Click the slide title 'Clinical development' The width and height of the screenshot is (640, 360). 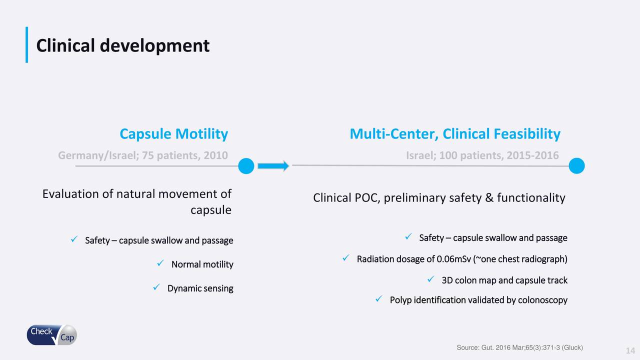pyautogui.click(x=123, y=45)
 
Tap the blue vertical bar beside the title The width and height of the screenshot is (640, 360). pyautogui.click(x=27, y=44)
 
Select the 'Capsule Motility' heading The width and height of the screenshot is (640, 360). pyautogui.click(x=173, y=134)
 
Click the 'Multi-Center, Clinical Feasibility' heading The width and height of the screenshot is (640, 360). pyautogui.click(x=455, y=134)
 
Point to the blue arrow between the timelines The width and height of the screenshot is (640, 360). pyautogui.click(x=273, y=166)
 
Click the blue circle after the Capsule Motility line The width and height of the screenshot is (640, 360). pyautogui.click(x=246, y=166)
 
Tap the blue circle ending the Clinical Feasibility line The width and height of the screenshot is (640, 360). pyautogui.click(x=576, y=165)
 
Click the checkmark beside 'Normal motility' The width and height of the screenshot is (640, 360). pyautogui.click(x=160, y=263)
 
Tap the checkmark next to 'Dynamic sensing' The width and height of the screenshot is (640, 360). pyautogui.click(x=156, y=287)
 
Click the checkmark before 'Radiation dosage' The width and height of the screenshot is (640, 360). pyautogui.click(x=346, y=258)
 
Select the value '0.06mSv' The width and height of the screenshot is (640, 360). pyautogui.click(x=453, y=259)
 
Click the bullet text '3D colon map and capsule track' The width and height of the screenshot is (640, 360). pyautogui.click(x=504, y=280)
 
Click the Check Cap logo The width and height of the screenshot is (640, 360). pyautogui.click(x=51, y=335)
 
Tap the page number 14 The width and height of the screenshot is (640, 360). pyautogui.click(x=630, y=350)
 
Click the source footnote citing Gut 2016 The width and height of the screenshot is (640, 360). pyautogui.click(x=519, y=347)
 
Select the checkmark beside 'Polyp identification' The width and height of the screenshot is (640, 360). pyautogui.click(x=379, y=299)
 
